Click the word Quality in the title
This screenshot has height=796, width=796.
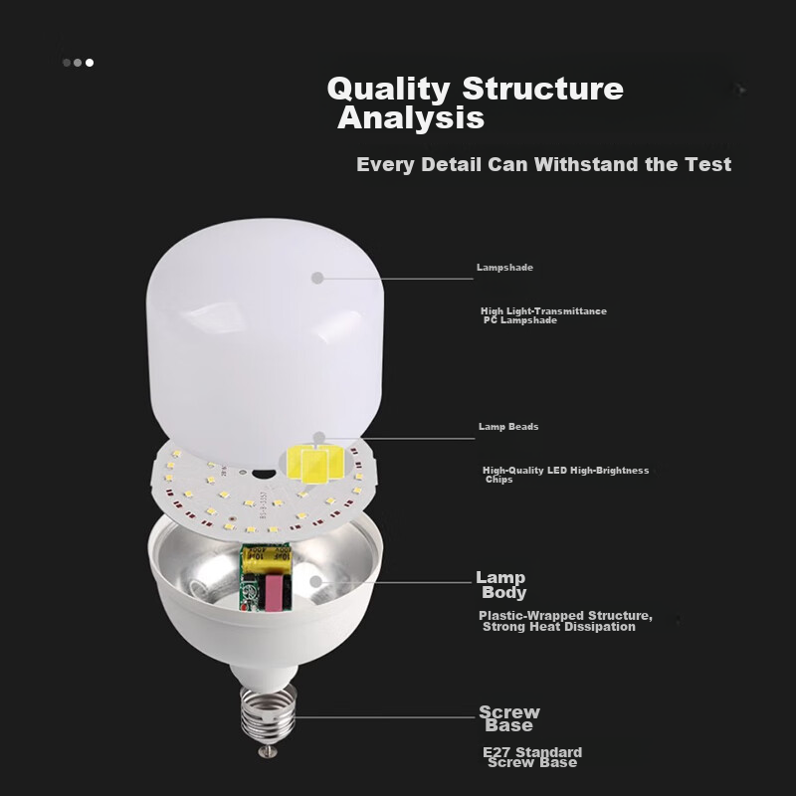click(x=388, y=90)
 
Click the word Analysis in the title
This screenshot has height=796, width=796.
click(x=411, y=118)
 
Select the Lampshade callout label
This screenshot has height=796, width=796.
click(x=504, y=268)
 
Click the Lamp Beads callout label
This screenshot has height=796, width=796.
click(x=508, y=427)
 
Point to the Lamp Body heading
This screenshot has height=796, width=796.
click(x=501, y=585)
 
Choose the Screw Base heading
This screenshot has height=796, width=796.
click(x=509, y=718)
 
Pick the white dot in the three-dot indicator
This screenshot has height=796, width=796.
click(x=90, y=63)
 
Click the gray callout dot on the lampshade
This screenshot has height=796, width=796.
click(x=317, y=278)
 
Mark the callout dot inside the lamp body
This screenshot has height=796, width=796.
click(x=315, y=582)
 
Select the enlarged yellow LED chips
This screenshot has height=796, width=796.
click(x=315, y=464)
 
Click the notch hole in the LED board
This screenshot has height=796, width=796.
click(x=264, y=474)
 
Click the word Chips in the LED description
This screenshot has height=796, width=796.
click(x=499, y=480)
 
